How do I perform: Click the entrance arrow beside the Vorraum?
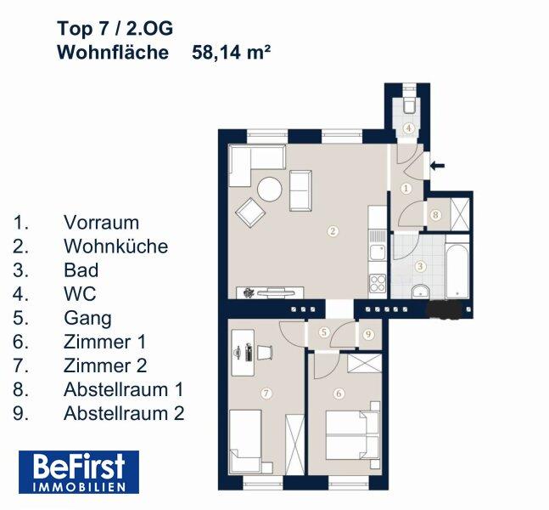point(437,166)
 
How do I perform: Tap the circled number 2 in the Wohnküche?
point(333,231)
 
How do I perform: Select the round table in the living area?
point(269,190)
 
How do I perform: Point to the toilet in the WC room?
point(409,102)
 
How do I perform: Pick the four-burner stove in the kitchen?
point(378,283)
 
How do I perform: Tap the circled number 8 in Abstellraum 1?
point(435,214)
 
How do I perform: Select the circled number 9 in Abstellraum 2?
point(368,335)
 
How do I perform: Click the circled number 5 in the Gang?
point(324,331)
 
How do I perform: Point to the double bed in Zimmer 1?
point(353,434)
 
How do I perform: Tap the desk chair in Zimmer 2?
point(265,352)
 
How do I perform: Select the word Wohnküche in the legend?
point(116,246)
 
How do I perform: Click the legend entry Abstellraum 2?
point(124,413)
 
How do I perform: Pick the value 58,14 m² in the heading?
point(231,53)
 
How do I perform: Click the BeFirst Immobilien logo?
point(79,472)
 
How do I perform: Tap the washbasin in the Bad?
point(421,292)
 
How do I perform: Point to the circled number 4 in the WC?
point(409,128)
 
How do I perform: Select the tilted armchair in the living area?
point(250,212)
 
